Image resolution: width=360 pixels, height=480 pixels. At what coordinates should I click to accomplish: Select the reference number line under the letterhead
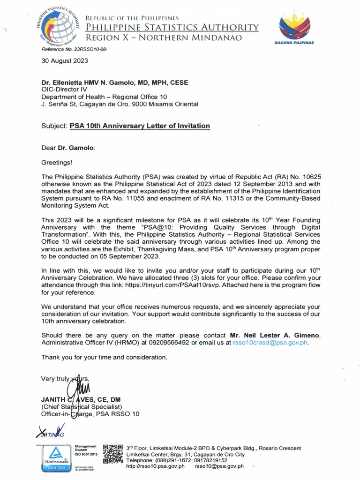[68, 49]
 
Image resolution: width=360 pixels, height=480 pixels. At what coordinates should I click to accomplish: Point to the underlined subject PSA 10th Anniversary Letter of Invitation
[140, 126]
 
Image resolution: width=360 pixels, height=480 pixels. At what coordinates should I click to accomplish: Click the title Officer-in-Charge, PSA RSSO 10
[90, 414]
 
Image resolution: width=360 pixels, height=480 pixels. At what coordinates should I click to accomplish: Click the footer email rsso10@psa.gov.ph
[219, 466]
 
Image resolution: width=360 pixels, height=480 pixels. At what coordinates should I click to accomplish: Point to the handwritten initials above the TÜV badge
[50, 432]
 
